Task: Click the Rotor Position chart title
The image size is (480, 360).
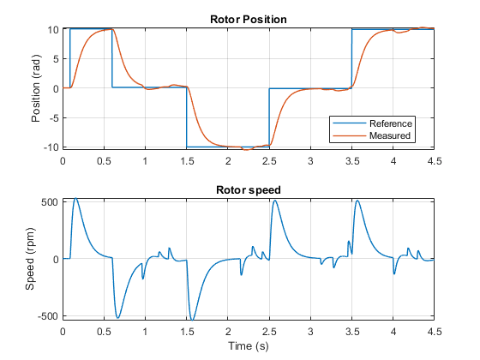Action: click(249, 20)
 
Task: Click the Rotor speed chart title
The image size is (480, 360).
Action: click(249, 190)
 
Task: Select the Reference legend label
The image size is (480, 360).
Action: click(391, 123)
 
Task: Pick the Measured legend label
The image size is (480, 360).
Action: click(390, 135)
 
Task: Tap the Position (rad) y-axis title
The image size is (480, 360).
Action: click(36, 88)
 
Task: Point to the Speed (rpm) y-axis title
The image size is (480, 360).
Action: click(30, 259)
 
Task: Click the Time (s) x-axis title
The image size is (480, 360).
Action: click(249, 346)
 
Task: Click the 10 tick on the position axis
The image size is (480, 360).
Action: click(52, 30)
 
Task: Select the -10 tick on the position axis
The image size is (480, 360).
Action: click(51, 147)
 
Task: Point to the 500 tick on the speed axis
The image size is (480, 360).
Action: click(50, 202)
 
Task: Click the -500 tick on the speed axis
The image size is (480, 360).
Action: click(48, 316)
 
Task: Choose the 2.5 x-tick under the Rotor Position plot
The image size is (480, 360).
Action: click(269, 161)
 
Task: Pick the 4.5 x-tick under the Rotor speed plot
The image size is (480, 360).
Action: click(435, 332)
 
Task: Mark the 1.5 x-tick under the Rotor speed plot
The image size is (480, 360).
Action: click(187, 332)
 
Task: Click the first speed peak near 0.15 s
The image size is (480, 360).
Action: click(75, 198)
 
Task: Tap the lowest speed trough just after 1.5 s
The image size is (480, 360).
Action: click(192, 321)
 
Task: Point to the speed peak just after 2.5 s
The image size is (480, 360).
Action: click(275, 201)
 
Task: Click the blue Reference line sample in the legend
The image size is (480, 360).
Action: click(350, 123)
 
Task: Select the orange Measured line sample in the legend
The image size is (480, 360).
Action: click(350, 135)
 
